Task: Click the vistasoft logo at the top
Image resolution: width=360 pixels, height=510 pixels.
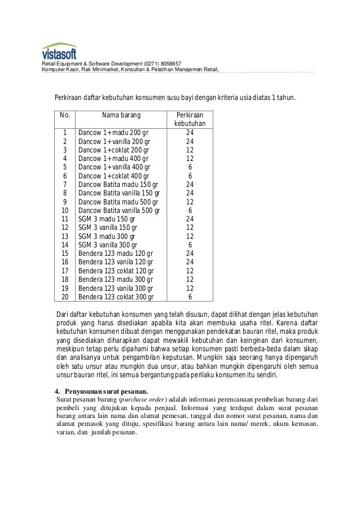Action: pos(59,51)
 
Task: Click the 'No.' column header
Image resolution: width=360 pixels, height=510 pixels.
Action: pos(65,116)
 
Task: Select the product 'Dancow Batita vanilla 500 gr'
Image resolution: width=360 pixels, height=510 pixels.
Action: pos(119,211)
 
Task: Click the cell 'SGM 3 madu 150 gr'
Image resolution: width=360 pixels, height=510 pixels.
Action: pos(107,219)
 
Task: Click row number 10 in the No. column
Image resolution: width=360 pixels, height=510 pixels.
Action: pos(65,211)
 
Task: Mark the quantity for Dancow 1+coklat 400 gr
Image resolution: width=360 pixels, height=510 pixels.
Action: pos(190,177)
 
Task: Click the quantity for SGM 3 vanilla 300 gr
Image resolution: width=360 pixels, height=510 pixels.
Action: pos(190,245)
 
